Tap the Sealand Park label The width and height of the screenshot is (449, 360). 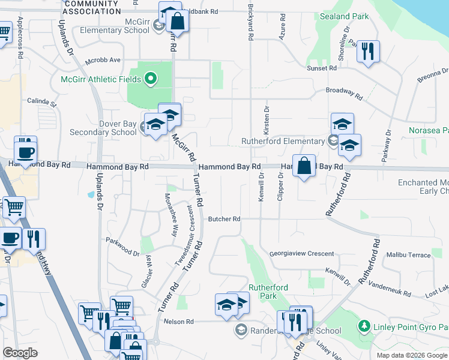tap(345, 16)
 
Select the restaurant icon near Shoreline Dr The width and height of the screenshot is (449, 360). tap(368, 52)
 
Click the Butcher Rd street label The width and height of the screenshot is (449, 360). tap(224, 219)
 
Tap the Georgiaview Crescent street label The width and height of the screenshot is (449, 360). tap(301, 254)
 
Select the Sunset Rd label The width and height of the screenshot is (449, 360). tap(322, 69)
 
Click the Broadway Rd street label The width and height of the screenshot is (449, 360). tap(344, 93)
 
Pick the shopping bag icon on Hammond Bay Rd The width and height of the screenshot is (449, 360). tap(304, 166)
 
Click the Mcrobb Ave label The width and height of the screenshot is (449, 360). tap(103, 60)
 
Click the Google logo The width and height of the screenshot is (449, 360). tap(20, 353)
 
